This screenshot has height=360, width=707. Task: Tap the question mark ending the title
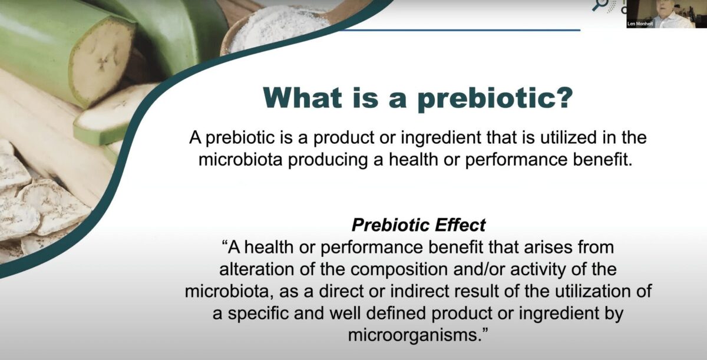click(x=563, y=98)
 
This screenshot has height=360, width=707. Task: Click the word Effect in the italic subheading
click(x=457, y=224)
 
